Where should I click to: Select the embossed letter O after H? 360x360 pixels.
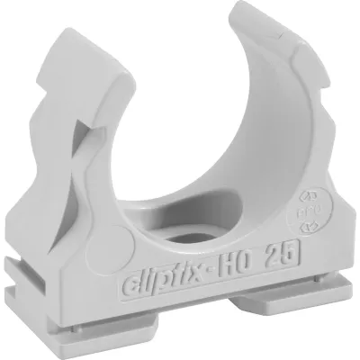(x=251, y=250)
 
